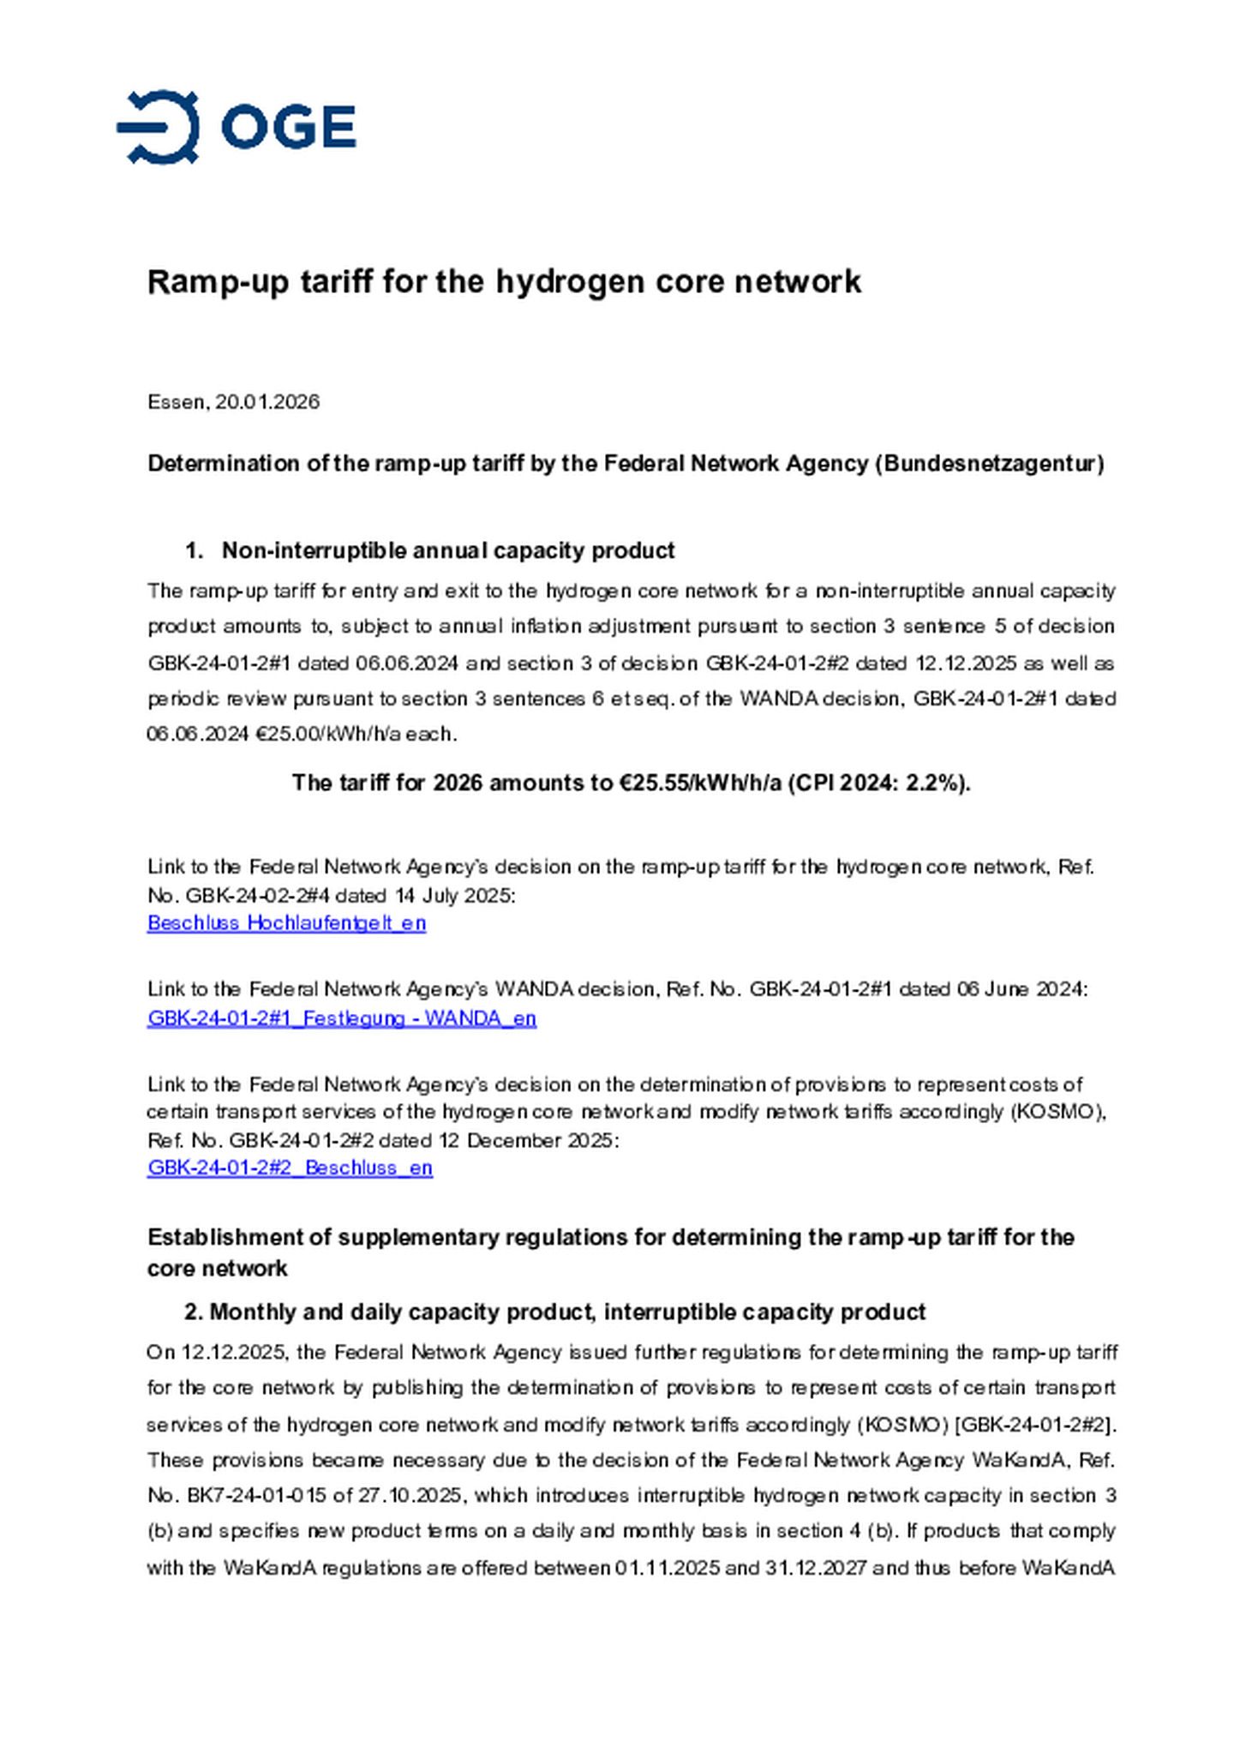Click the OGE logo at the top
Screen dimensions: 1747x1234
coord(236,127)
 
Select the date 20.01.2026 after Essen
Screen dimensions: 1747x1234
coord(267,401)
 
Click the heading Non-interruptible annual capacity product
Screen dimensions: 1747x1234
coord(447,550)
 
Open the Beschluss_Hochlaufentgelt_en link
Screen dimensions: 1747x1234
coord(286,923)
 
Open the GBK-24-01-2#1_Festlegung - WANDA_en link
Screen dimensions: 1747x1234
coord(341,1018)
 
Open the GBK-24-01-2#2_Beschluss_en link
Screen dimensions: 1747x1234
coord(290,1168)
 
